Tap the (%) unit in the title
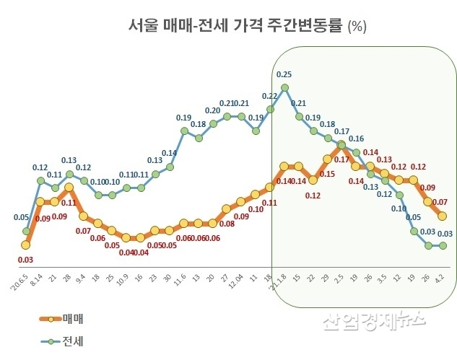[357, 27]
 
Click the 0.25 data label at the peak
[284, 74]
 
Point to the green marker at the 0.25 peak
[284, 88]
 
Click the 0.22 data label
[269, 96]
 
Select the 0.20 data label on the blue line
[213, 110]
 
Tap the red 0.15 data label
[327, 174]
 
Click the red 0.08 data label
[227, 224]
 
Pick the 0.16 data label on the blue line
[356, 139]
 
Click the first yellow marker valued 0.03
[26, 246]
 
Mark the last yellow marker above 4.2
[442, 216]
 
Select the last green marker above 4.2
[442, 245]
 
